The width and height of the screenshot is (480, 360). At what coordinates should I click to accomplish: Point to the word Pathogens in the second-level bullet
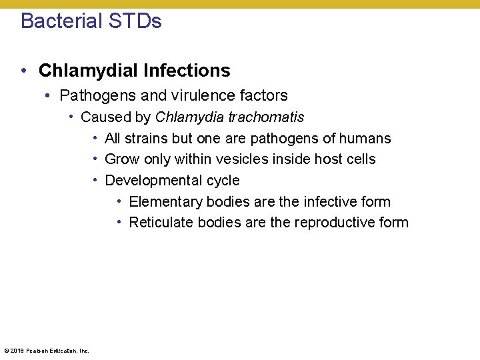[x=93, y=95]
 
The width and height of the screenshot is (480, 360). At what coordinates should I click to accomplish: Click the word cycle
[x=223, y=181]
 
